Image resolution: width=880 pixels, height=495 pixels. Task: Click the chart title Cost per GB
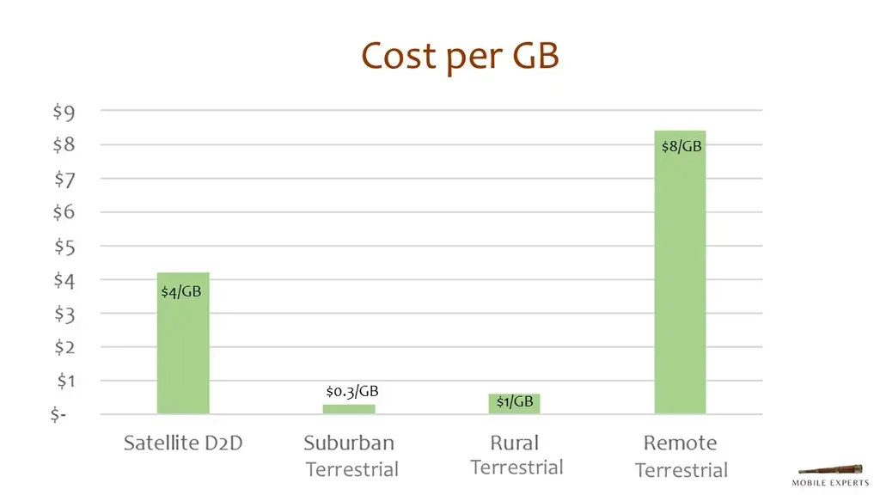pos(460,56)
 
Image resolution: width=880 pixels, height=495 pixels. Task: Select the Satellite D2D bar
pos(183,344)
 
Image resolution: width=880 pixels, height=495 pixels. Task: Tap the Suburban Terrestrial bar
pos(349,409)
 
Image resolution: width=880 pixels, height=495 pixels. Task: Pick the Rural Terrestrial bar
pos(515,404)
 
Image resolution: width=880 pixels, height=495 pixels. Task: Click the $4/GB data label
pos(181,292)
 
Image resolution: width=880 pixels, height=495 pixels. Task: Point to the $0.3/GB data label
pos(352,392)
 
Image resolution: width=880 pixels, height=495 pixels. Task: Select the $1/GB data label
pos(515,402)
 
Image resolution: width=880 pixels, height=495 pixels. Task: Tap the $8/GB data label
pos(681,147)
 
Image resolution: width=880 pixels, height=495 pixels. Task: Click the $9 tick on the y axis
pos(64,111)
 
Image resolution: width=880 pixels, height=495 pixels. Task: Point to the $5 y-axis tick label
pos(64,247)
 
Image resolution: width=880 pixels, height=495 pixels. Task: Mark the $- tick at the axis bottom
pos(58,415)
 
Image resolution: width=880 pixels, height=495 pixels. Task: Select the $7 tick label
pos(64,179)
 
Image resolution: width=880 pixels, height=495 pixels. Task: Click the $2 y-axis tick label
pos(64,347)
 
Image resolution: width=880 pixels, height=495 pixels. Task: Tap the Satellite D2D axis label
pos(183,443)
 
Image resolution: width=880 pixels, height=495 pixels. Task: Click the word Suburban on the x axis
pos(349,443)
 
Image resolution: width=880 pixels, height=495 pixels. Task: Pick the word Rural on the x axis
pos(515,443)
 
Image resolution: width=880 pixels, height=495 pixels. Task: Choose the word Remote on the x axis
pos(680,443)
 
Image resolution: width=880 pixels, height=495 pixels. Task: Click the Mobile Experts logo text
pos(830,483)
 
